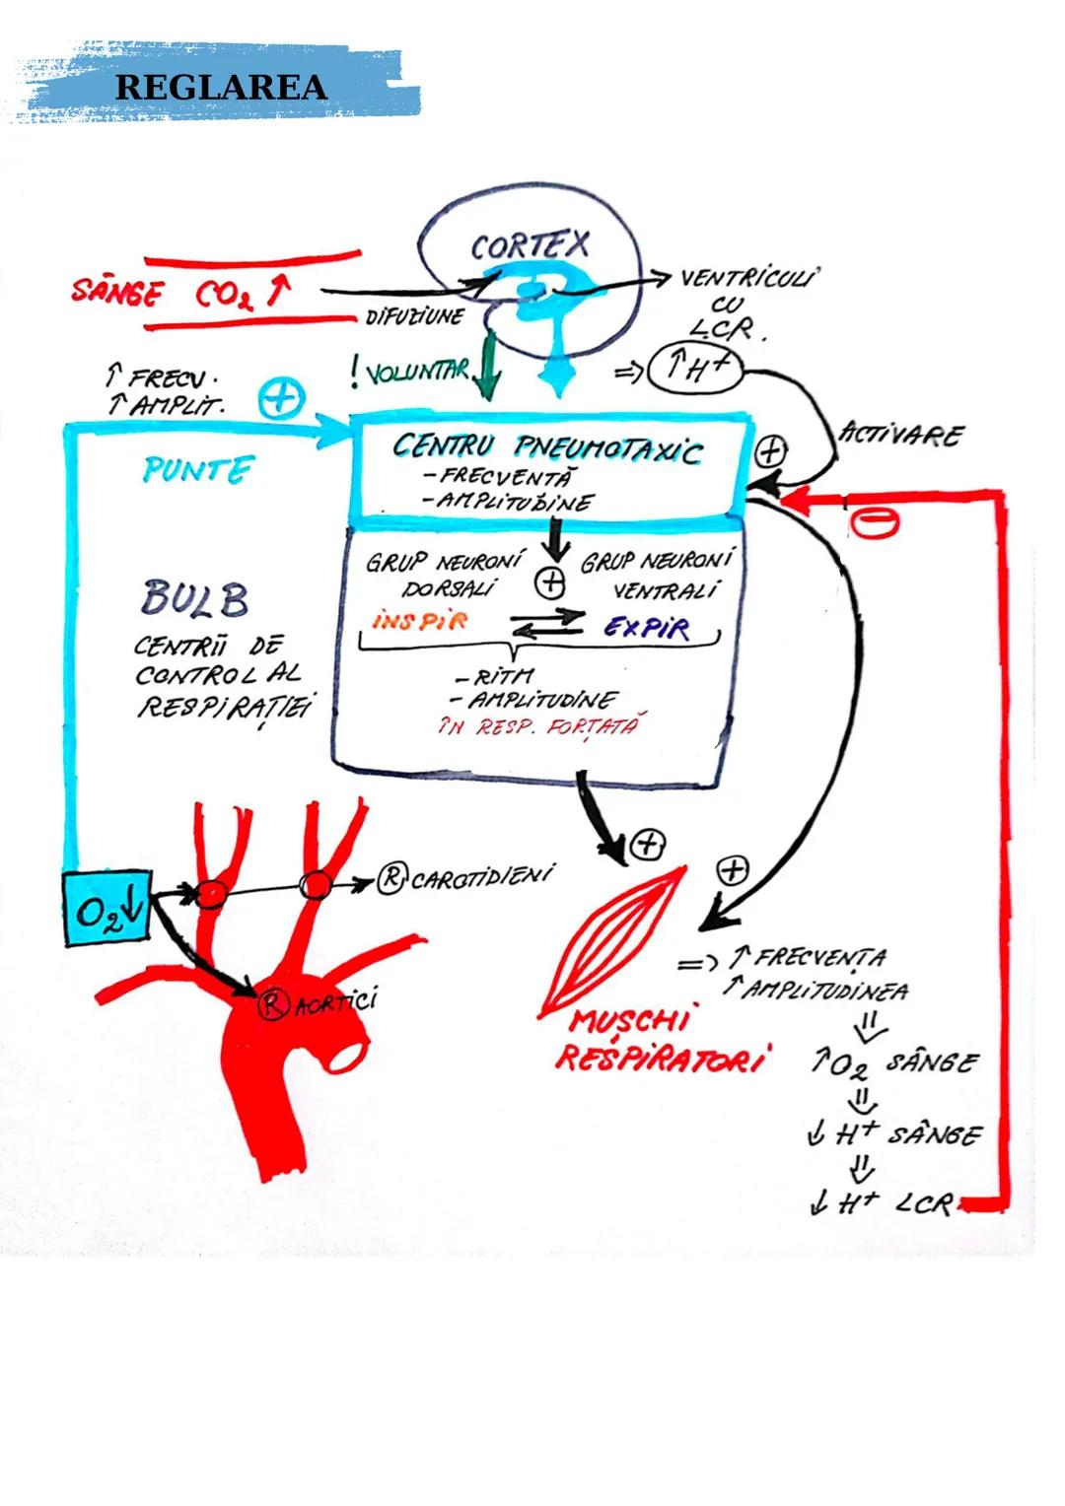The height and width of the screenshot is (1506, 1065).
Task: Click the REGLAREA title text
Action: coord(221,87)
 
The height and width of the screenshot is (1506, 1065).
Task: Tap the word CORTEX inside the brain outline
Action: coord(530,245)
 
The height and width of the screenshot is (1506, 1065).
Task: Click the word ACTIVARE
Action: coord(900,435)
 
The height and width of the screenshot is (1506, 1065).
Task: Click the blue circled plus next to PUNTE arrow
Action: coord(281,399)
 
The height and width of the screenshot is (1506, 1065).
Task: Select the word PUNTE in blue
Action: coord(198,469)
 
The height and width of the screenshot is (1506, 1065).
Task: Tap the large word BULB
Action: coord(195,598)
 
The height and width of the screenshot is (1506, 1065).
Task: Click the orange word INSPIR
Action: coord(420,621)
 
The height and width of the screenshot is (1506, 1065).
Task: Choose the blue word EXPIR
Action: coord(647,628)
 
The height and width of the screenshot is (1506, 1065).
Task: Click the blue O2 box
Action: coord(107,909)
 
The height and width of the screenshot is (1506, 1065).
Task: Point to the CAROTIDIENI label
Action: coord(480,876)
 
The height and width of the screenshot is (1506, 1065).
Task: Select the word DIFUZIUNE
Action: coord(414,317)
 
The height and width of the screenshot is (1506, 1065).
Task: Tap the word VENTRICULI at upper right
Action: coord(749,278)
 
